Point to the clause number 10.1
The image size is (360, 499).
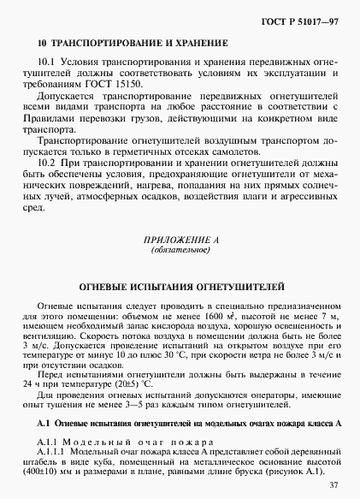pos(47,62)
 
